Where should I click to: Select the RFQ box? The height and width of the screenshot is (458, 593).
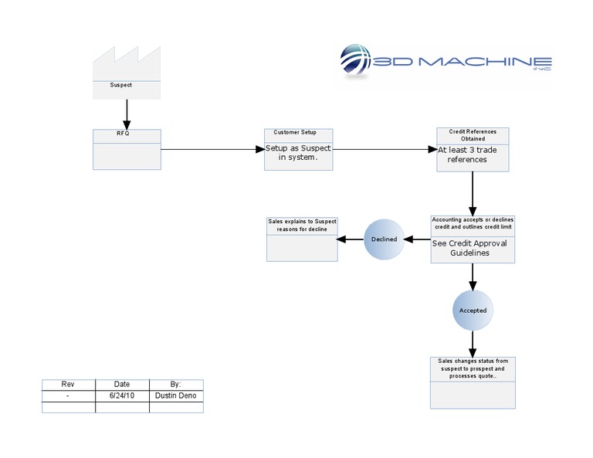[127, 149]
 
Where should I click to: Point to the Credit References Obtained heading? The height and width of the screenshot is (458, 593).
[473, 135]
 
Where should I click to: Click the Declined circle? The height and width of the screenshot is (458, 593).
[384, 239]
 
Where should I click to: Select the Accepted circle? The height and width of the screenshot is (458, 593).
[473, 310]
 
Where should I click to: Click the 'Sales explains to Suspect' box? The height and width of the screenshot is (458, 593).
[302, 239]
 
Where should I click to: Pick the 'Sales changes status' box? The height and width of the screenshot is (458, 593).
[473, 382]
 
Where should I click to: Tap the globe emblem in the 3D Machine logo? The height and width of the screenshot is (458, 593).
[356, 63]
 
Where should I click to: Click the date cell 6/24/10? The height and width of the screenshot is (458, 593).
[122, 395]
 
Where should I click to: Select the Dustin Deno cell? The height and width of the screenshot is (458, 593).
[176, 395]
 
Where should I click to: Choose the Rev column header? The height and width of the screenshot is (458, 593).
[68, 384]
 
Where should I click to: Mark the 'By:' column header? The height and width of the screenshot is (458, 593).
[176, 384]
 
